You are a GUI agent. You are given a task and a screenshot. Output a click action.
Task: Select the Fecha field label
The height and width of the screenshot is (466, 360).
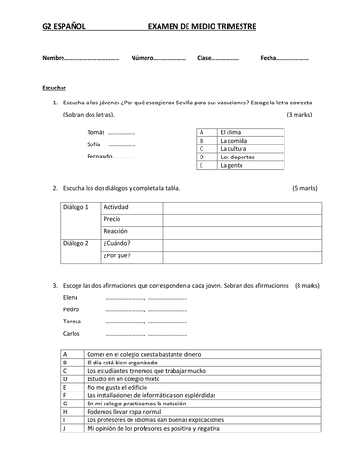click(270, 59)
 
